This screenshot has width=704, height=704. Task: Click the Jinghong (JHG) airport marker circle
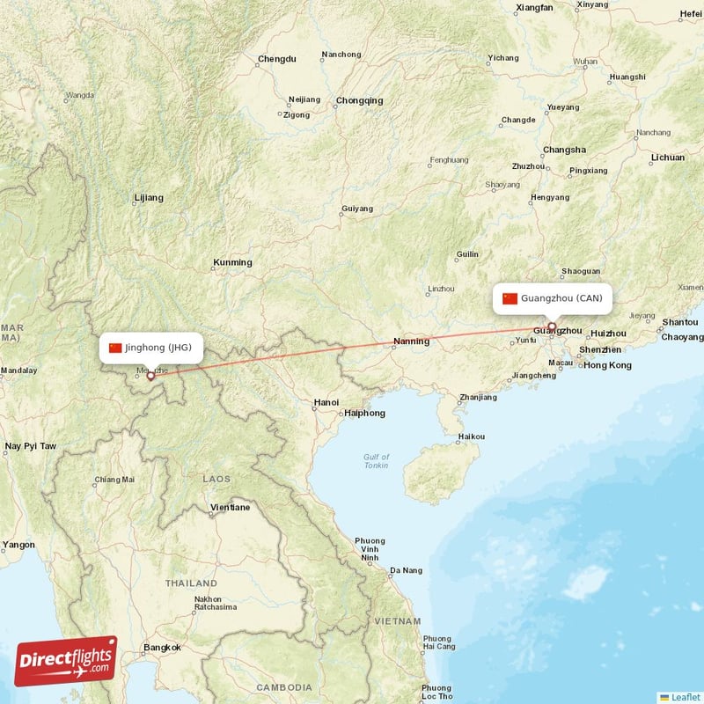(150, 375)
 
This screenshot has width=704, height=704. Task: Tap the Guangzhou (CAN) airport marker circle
(552, 327)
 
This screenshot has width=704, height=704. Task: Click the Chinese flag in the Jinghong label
(115, 348)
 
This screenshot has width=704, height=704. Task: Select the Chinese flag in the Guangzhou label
(510, 298)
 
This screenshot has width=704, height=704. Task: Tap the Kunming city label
(232, 262)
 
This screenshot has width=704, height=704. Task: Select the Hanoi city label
(326, 402)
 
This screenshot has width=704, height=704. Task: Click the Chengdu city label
(277, 60)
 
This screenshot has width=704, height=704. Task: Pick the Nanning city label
(411, 341)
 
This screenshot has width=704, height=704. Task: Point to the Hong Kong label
(607, 365)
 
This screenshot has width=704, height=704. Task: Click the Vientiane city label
(230, 508)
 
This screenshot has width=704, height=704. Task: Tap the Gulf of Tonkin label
(376, 461)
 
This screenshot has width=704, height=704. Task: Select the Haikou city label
(472, 436)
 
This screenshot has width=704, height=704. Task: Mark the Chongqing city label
(359, 100)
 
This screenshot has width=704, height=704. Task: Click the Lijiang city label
(148, 198)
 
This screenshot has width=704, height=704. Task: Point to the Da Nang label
(407, 570)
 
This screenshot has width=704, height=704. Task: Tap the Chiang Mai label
(114, 480)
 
